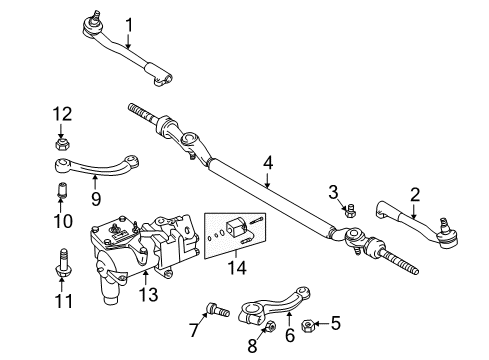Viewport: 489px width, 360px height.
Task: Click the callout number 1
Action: tap(129, 25)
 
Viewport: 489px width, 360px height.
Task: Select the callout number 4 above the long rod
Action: tap(268, 163)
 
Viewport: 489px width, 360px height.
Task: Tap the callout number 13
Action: tap(148, 295)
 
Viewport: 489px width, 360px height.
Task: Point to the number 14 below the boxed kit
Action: tap(237, 268)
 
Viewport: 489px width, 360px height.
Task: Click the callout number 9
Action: tap(96, 199)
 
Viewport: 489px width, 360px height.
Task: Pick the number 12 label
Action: tap(62, 114)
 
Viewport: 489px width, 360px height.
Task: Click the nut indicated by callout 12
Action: tap(62, 145)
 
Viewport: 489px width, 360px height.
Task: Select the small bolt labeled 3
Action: tap(350, 211)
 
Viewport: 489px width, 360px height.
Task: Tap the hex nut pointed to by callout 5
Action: tap(307, 326)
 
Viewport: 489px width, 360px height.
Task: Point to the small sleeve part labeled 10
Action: tap(60, 190)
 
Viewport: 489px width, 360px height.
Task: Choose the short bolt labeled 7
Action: tap(218, 309)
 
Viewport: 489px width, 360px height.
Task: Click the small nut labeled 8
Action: tap(270, 325)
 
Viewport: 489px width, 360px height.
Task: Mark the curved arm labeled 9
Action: tap(97, 165)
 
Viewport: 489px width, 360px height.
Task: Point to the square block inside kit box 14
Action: tap(235, 228)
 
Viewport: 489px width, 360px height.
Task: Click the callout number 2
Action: tap(415, 195)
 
